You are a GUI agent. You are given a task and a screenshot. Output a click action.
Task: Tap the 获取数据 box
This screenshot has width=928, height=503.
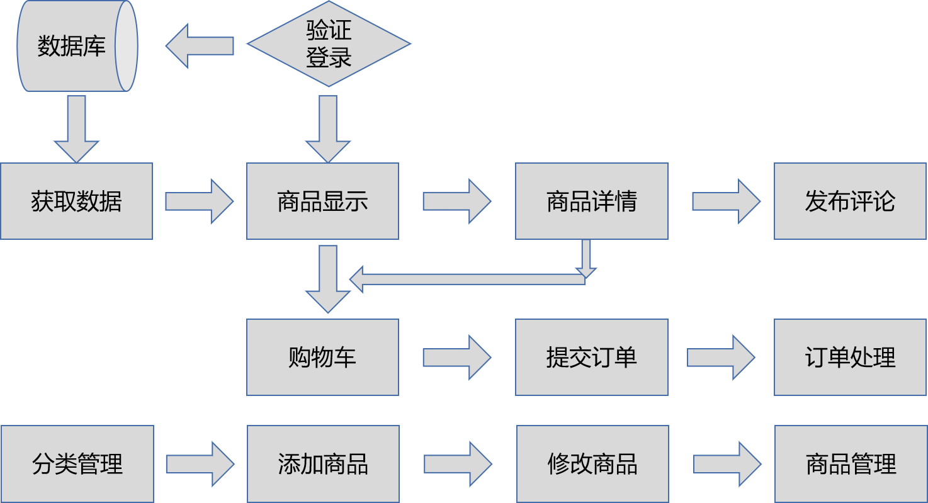click(76, 201)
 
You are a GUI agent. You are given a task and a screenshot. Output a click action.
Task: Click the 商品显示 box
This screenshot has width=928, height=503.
click(322, 201)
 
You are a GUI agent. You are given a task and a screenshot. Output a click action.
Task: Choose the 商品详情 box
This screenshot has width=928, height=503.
click(591, 201)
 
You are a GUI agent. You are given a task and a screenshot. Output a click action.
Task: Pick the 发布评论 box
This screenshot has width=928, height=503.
click(850, 201)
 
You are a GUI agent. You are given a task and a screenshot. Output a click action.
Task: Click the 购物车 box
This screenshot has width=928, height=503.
click(322, 357)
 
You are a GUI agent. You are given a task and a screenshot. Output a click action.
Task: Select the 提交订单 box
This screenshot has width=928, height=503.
click(591, 357)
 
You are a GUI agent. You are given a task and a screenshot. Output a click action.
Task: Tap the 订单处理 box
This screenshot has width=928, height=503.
click(850, 357)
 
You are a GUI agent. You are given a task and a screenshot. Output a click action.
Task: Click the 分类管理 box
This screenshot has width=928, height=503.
click(77, 464)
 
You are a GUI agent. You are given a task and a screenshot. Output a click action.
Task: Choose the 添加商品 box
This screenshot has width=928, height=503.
click(323, 464)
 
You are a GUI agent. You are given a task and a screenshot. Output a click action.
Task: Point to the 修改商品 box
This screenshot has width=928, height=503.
click(592, 464)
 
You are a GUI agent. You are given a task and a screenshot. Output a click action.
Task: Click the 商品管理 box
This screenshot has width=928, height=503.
click(851, 464)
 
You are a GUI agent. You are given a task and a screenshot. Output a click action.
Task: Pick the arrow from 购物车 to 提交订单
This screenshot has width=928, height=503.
click(456, 357)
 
